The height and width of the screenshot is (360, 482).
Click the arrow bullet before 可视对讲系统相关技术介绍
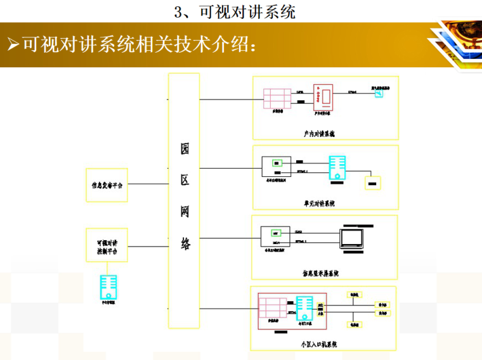13,44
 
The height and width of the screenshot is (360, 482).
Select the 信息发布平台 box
107,184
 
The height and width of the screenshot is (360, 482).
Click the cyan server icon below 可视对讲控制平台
108,286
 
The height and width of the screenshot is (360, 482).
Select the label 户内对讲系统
319,134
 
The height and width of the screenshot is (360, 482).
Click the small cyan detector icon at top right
379,93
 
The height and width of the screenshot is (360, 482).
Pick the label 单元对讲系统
319,203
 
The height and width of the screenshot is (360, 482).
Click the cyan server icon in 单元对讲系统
337,168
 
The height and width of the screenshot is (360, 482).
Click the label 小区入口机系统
319,344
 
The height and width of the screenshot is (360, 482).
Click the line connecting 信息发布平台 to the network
148,184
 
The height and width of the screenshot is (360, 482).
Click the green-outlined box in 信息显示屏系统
276,232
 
